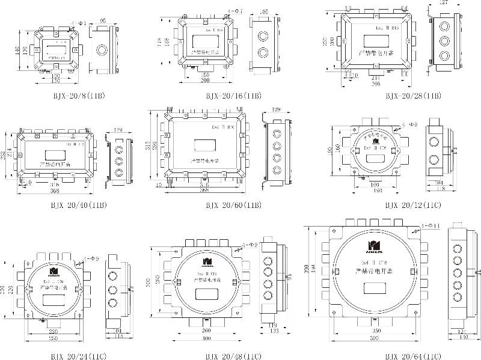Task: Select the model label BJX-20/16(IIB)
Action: coord(233,96)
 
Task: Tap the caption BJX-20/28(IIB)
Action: coord(412,96)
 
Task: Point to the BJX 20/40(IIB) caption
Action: coord(78,205)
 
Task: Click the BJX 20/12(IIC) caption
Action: coord(412,205)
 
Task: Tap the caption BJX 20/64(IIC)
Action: coord(412,356)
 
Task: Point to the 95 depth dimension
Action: coord(103,20)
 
